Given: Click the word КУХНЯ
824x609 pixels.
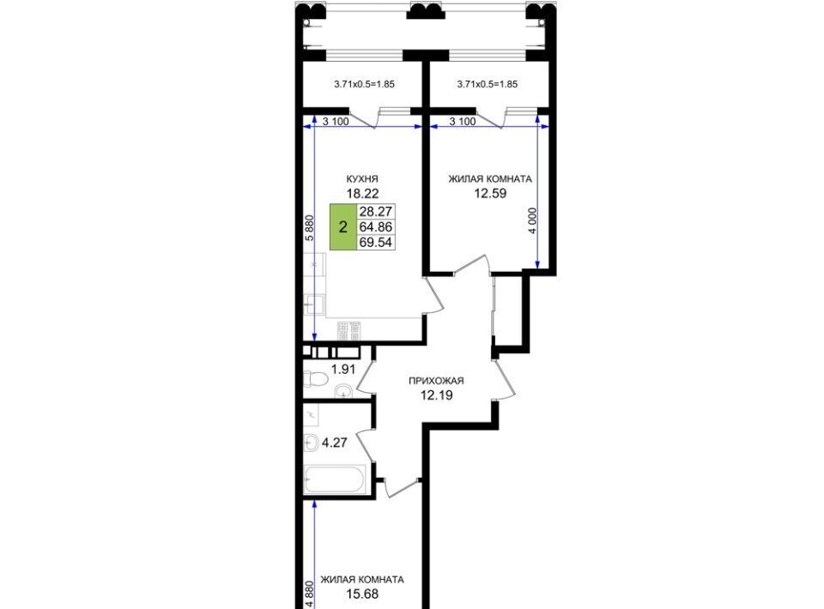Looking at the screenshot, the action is tap(362, 179).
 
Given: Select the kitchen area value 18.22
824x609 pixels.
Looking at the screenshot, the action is tap(362, 193).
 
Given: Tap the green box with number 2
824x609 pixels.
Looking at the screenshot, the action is tap(343, 226).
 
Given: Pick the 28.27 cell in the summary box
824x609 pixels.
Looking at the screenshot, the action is tap(376, 211).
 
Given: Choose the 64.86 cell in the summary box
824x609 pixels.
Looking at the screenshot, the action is tap(376, 226).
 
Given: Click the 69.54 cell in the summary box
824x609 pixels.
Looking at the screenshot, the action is tap(376, 242).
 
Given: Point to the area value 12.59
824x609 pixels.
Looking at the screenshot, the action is tap(490, 193).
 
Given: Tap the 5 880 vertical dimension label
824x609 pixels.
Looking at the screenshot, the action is tap(310, 227).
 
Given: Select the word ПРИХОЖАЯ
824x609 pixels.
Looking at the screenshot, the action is tap(436, 381).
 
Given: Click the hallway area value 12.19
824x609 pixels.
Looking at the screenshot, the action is tap(436, 395).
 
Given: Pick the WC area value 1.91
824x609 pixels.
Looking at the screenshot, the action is tap(343, 369).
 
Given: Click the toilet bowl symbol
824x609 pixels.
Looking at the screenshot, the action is tap(314, 378).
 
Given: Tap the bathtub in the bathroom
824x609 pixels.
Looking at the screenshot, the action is tap(334, 479).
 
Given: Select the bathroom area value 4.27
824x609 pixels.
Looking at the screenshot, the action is tap(334, 443).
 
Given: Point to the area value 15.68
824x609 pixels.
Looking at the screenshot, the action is tap(362, 594).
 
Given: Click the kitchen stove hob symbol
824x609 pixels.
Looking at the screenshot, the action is tap(349, 330).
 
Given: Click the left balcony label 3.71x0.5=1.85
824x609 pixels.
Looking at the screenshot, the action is tap(364, 84).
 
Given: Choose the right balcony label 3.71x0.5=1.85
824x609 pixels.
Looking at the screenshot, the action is tap(488, 84).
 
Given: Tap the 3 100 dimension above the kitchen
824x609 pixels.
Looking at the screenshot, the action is tap(336, 122).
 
